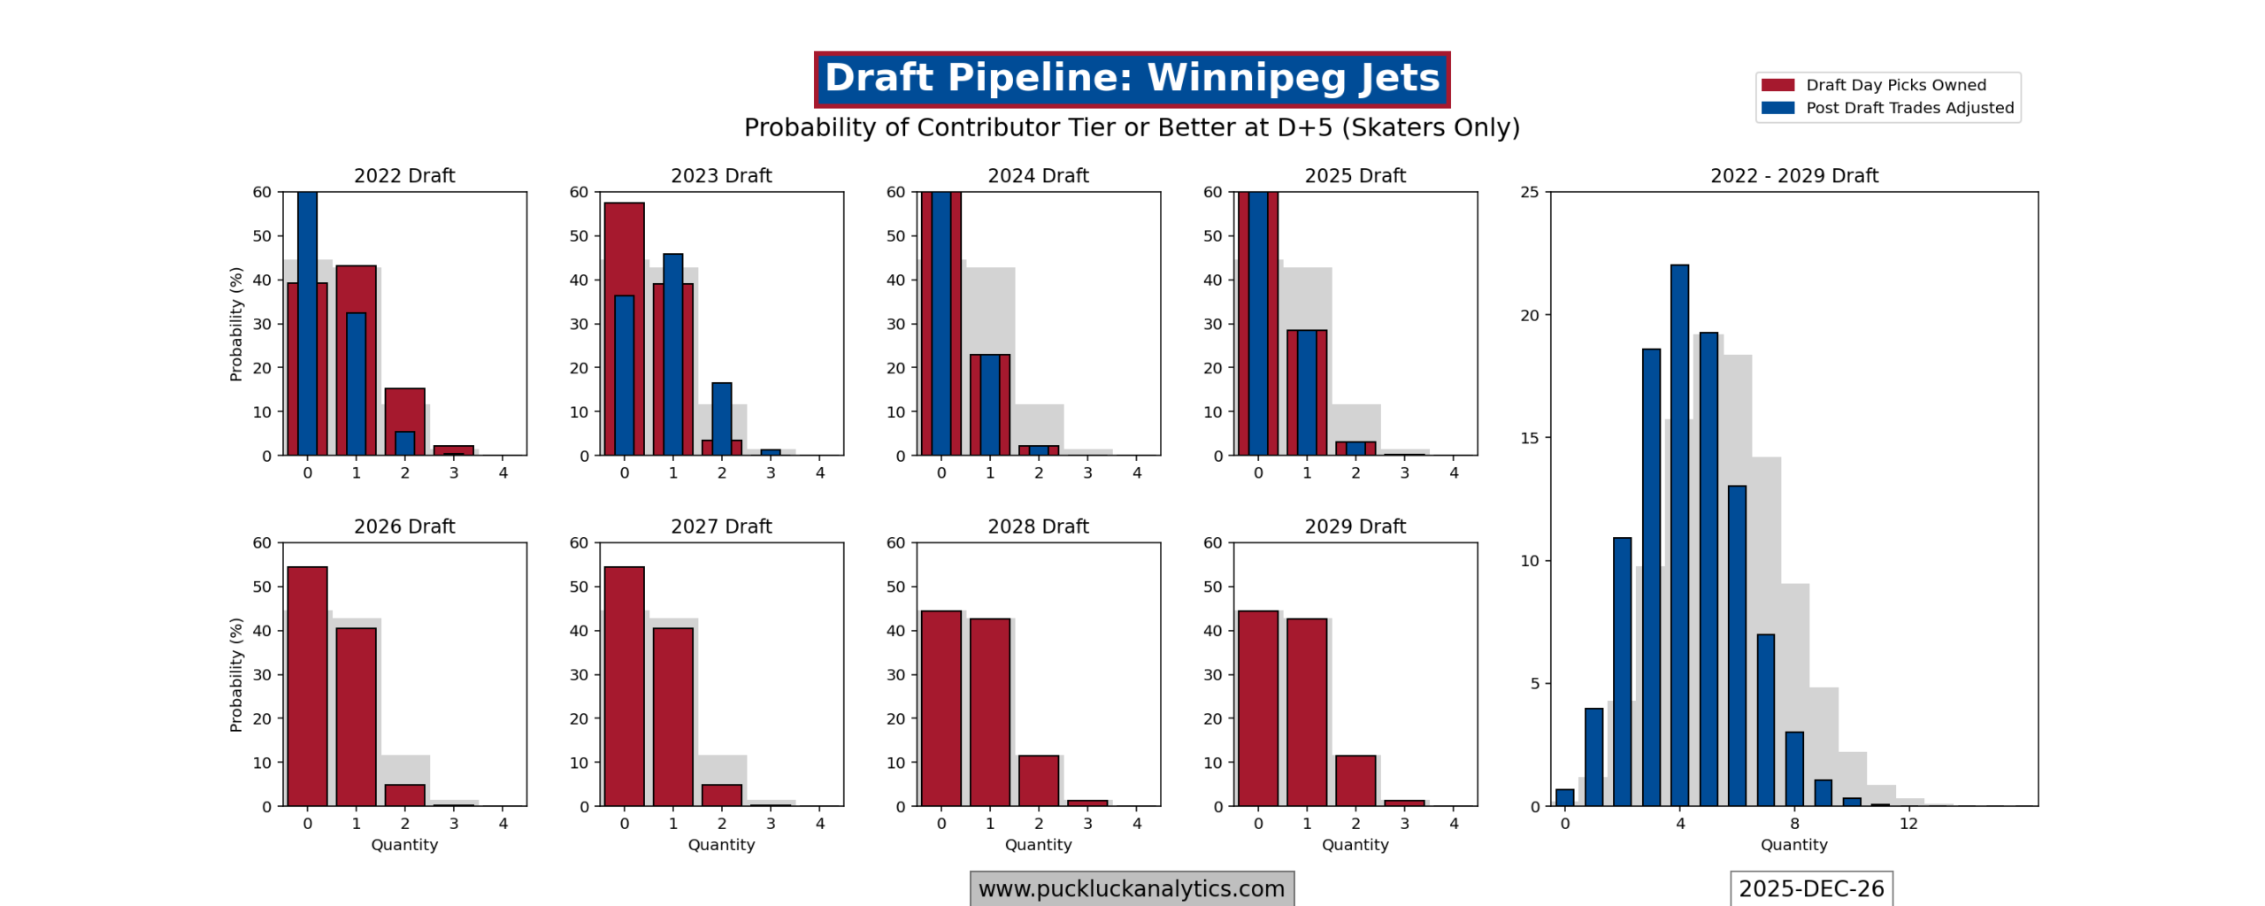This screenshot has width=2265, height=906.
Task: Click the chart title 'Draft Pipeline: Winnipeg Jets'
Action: tap(1131, 78)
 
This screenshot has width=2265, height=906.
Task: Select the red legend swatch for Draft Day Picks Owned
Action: tap(1777, 85)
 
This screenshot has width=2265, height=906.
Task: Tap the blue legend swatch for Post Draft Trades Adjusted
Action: tap(1777, 108)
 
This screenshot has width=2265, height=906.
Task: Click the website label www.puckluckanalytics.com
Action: tap(1131, 888)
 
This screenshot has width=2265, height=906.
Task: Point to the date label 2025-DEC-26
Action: tap(1810, 888)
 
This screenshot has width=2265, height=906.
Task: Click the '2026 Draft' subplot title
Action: tap(404, 526)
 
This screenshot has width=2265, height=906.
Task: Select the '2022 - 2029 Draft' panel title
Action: tap(1793, 176)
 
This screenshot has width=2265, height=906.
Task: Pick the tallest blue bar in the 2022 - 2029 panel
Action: tap(1678, 531)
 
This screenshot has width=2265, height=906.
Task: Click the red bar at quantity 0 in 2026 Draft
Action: tap(307, 686)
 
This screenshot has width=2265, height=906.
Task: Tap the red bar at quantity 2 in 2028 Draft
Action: tap(1038, 780)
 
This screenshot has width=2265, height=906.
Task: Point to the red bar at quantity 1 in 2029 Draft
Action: tap(1306, 712)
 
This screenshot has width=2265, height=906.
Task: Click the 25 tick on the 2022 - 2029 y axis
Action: tap(1529, 192)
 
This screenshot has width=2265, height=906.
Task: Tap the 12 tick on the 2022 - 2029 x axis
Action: tap(1908, 824)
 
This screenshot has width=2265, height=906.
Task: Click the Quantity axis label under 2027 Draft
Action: tap(721, 845)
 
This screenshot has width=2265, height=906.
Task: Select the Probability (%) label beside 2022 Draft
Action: tap(235, 324)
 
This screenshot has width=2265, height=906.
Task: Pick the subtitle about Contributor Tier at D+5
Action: tap(1131, 127)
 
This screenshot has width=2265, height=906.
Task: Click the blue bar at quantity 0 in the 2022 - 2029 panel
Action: tap(1564, 797)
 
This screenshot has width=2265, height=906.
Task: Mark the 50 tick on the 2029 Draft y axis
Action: tap(1212, 587)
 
